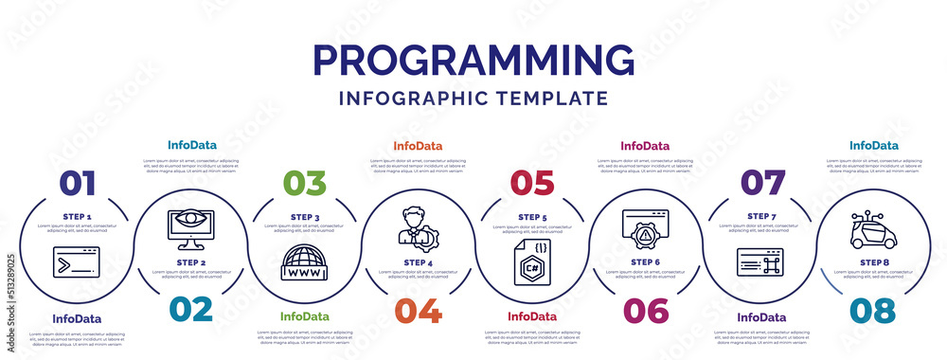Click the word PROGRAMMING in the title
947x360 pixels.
(473, 61)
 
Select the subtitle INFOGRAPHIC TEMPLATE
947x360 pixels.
(473, 98)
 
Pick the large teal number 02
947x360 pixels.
(189, 310)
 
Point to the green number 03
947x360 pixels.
(305, 184)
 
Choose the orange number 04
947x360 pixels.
(418, 310)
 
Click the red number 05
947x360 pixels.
(531, 184)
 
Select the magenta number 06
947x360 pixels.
(646, 310)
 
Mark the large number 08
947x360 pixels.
(873, 310)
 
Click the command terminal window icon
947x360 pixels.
(77, 261)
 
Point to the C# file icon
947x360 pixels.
(531, 262)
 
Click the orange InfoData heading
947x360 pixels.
(418, 146)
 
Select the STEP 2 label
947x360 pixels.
(190, 262)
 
